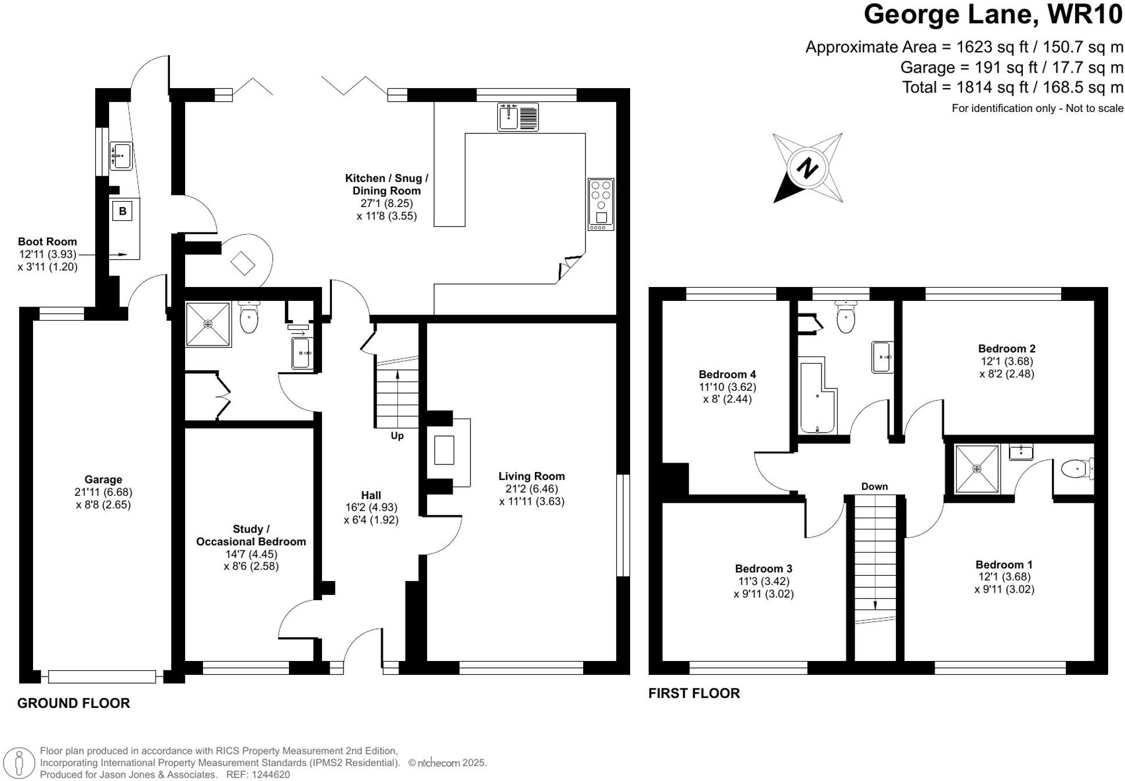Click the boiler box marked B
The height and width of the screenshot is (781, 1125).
tap(122, 211)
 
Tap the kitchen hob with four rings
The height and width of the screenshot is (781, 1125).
tap(601, 204)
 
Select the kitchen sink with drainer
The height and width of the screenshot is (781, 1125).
tap(518, 117)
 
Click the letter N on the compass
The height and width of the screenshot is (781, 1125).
tap(806, 169)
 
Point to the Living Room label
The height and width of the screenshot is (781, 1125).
tap(531, 476)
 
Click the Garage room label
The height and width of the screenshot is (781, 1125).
tap(103, 480)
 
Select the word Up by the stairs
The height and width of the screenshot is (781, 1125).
tap(397, 435)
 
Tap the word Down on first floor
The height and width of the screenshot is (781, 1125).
tap(874, 486)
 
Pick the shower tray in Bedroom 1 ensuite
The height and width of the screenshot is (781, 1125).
tap(977, 468)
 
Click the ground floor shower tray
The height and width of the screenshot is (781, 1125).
tap(208, 324)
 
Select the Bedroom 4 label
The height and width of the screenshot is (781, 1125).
tap(727, 375)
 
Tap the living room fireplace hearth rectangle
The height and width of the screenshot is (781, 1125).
tap(444, 450)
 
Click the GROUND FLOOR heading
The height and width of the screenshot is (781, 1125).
tap(74, 703)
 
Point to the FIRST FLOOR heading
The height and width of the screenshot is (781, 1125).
tap(694, 693)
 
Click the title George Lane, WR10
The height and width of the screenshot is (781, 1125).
tap(993, 14)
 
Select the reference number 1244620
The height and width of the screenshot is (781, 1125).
tap(270, 775)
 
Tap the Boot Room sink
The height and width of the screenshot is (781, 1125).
tap(121, 156)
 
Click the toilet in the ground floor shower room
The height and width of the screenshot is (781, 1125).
tap(249, 318)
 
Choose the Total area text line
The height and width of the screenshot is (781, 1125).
tap(1012, 88)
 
